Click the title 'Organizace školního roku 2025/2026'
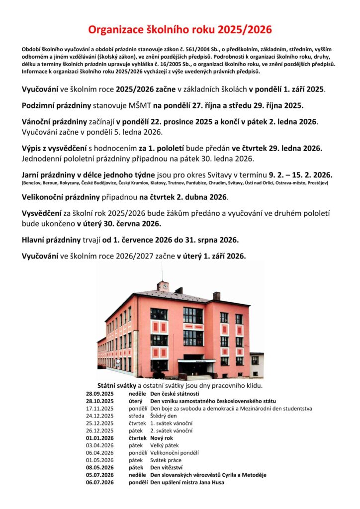(180, 30)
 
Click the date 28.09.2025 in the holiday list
(99, 394)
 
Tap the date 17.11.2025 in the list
(99, 409)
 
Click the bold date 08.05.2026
(99, 468)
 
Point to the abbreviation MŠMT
(140, 105)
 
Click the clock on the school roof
(162, 286)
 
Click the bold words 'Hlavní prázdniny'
(51, 240)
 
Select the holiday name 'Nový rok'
(163, 438)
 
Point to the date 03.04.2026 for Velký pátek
(99, 445)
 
